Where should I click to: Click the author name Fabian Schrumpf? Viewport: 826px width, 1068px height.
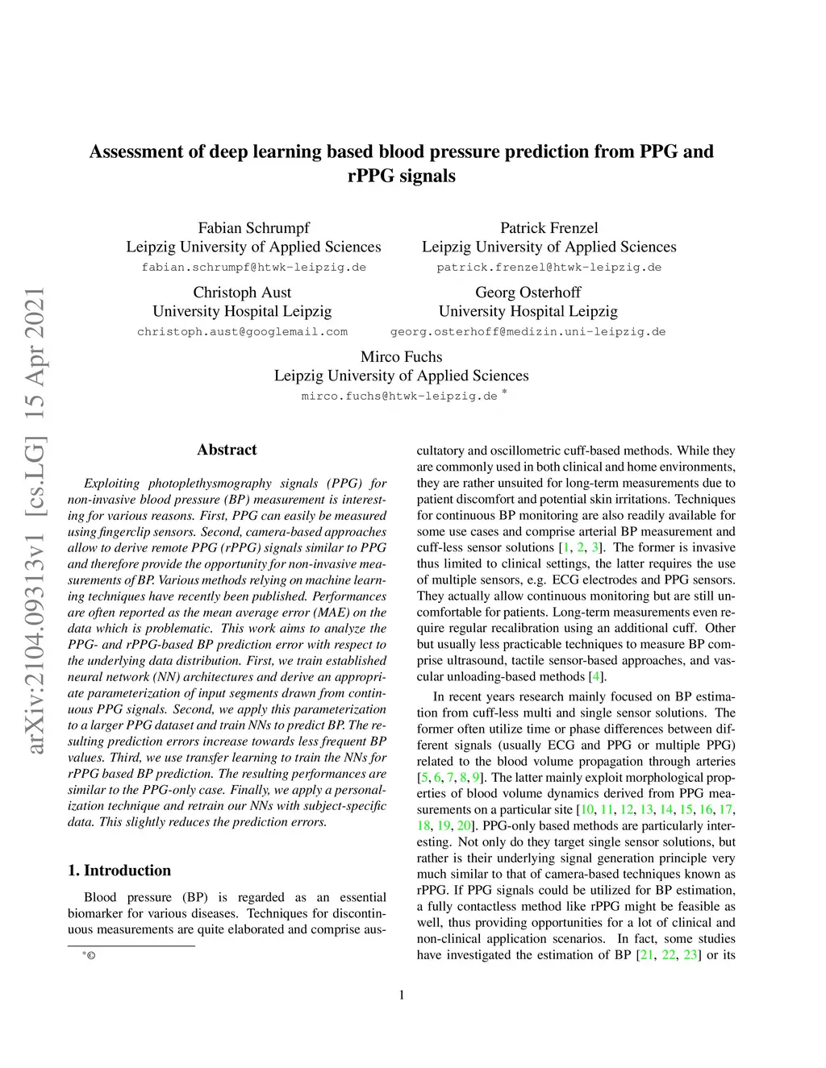click(253, 228)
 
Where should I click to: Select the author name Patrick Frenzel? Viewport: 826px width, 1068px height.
click(549, 228)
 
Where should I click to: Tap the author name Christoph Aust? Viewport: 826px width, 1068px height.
click(242, 293)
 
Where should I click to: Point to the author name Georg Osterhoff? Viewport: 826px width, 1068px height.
click(528, 293)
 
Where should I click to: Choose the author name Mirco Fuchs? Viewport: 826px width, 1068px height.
click(401, 357)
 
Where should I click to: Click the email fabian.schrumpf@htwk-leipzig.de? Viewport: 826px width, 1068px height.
click(253, 268)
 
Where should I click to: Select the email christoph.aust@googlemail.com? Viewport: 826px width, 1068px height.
click(242, 332)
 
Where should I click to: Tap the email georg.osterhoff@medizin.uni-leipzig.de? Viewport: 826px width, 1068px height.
click(528, 332)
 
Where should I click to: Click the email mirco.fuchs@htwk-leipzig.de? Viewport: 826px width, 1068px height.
click(399, 397)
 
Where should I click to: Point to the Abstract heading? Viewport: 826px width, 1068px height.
click(227, 450)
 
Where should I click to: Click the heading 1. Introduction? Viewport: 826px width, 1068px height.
click(119, 871)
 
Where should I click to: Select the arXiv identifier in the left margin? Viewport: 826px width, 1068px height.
click(35, 521)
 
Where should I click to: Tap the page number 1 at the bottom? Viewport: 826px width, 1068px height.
click(402, 995)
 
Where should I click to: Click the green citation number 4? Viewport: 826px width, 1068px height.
click(595, 677)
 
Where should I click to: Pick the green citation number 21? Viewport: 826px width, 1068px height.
click(646, 955)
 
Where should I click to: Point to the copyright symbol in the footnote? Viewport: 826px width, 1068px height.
click(91, 956)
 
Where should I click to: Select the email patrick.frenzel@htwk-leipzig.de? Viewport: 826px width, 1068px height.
click(549, 268)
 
